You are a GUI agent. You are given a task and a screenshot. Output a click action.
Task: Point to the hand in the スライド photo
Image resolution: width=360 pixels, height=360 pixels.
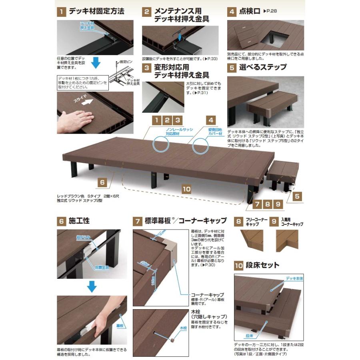80,119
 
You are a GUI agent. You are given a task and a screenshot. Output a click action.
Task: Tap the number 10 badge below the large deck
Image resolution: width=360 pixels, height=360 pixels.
186,189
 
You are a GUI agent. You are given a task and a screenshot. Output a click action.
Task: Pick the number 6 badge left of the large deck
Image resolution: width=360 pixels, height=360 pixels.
103,182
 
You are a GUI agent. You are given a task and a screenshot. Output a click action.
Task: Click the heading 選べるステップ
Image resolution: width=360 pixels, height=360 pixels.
263,67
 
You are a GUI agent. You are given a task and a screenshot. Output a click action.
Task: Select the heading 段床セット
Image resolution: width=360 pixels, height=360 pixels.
262,265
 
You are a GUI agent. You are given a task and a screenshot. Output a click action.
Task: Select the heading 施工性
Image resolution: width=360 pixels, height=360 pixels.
79,220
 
